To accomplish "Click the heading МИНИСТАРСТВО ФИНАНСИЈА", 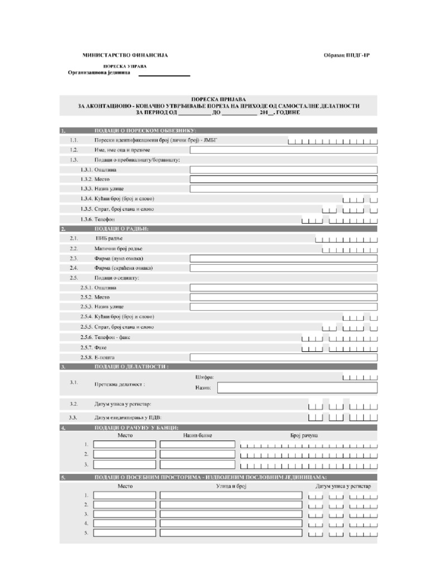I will coord(125,55).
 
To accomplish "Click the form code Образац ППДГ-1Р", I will coord(350,55).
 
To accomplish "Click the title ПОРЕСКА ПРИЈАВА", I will coord(218,99).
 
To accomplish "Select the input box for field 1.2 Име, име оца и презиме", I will coord(284,150).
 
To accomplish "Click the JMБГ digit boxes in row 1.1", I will coord(333,141).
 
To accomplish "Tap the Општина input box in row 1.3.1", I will coord(284,170).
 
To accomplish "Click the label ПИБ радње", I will coord(109,238).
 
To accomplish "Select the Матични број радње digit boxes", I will coord(346,249).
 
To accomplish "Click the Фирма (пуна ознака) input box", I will coord(284,259).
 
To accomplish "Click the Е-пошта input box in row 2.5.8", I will coord(284,357).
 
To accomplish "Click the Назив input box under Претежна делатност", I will coord(297,388).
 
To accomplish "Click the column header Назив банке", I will coord(198,435).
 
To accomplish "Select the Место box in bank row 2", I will coord(125,454).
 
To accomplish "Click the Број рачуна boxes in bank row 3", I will coord(308,464).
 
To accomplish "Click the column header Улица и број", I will coord(231,486).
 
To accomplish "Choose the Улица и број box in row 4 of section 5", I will coord(231,524).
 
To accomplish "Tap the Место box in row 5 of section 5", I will coord(125,533).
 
